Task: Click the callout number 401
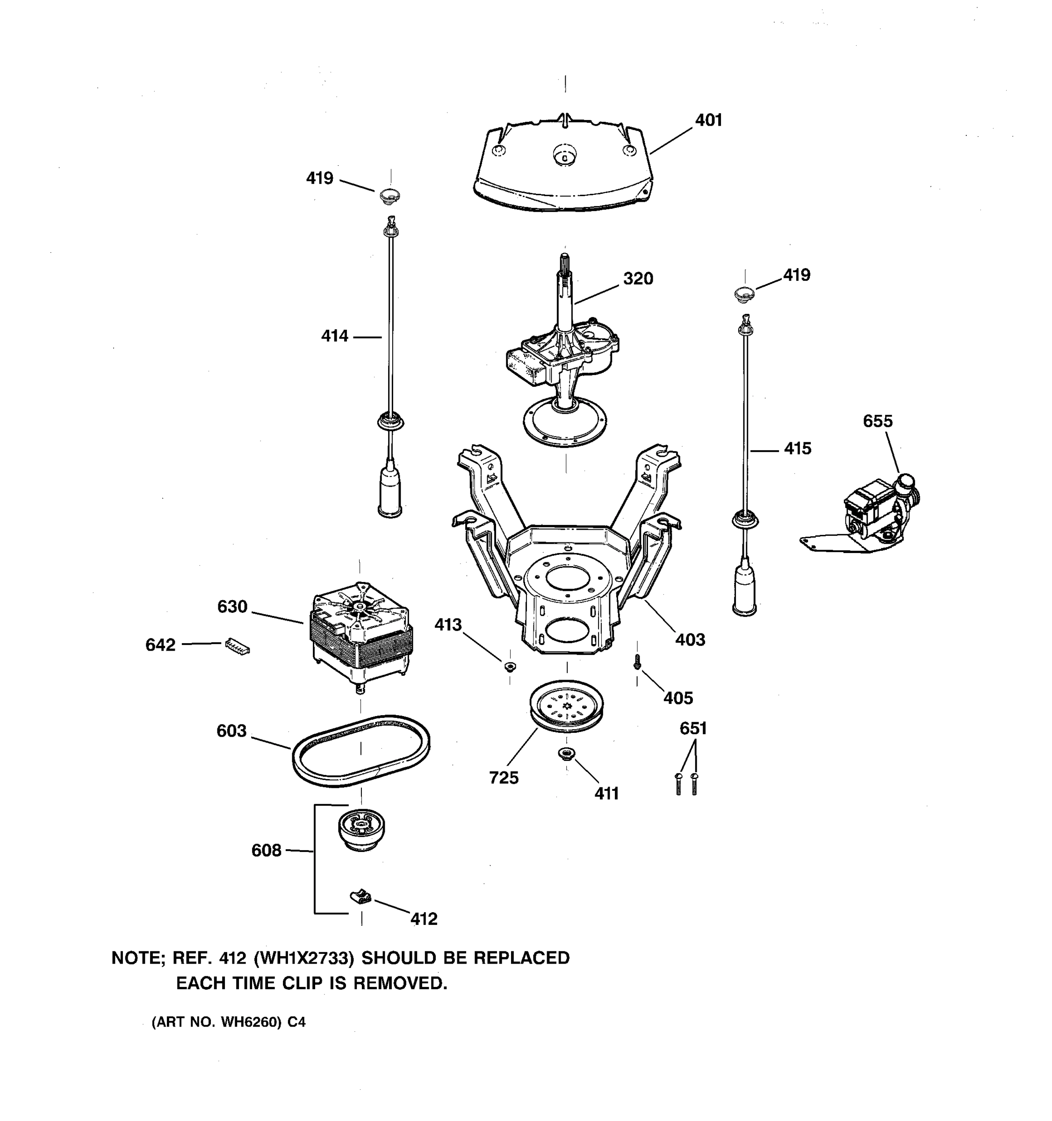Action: pos(708,120)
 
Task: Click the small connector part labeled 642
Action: pos(237,646)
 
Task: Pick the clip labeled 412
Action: pos(360,895)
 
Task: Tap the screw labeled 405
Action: pos(637,663)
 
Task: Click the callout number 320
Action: pos(638,278)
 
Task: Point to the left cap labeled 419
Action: pos(389,196)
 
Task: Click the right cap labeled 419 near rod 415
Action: pos(744,293)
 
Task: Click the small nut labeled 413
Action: pos(510,667)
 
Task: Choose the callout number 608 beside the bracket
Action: pos(266,851)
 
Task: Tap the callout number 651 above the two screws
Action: pos(692,729)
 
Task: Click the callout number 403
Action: pos(690,640)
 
